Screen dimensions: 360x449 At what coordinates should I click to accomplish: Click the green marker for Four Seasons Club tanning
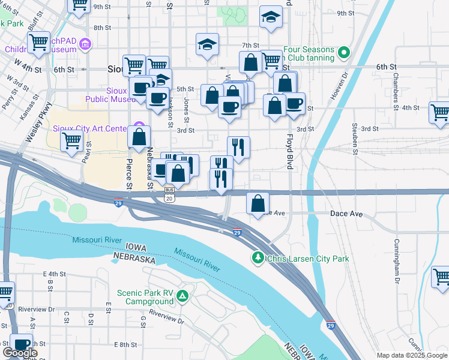click(x=343, y=53)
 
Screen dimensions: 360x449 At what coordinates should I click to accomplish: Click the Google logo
click(x=20, y=353)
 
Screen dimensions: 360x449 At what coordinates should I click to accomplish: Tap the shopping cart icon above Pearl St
click(x=71, y=140)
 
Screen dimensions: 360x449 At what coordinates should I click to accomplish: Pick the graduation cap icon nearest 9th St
click(x=271, y=16)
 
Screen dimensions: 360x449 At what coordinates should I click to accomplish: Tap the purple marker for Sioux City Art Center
click(x=139, y=128)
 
